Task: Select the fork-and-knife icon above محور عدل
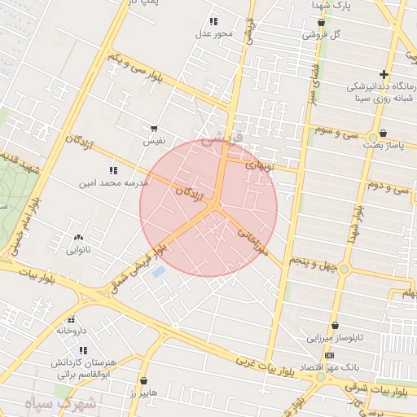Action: pyautogui.click(x=213, y=21)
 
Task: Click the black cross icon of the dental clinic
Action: pyautogui.click(x=407, y=74)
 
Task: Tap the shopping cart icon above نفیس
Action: pyautogui.click(x=154, y=128)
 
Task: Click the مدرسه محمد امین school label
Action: pyautogui.click(x=113, y=183)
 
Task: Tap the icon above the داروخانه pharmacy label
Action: pyautogui.click(x=72, y=319)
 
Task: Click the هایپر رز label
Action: pyautogui.click(x=143, y=393)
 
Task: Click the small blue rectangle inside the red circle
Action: pyautogui.click(x=158, y=270)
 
